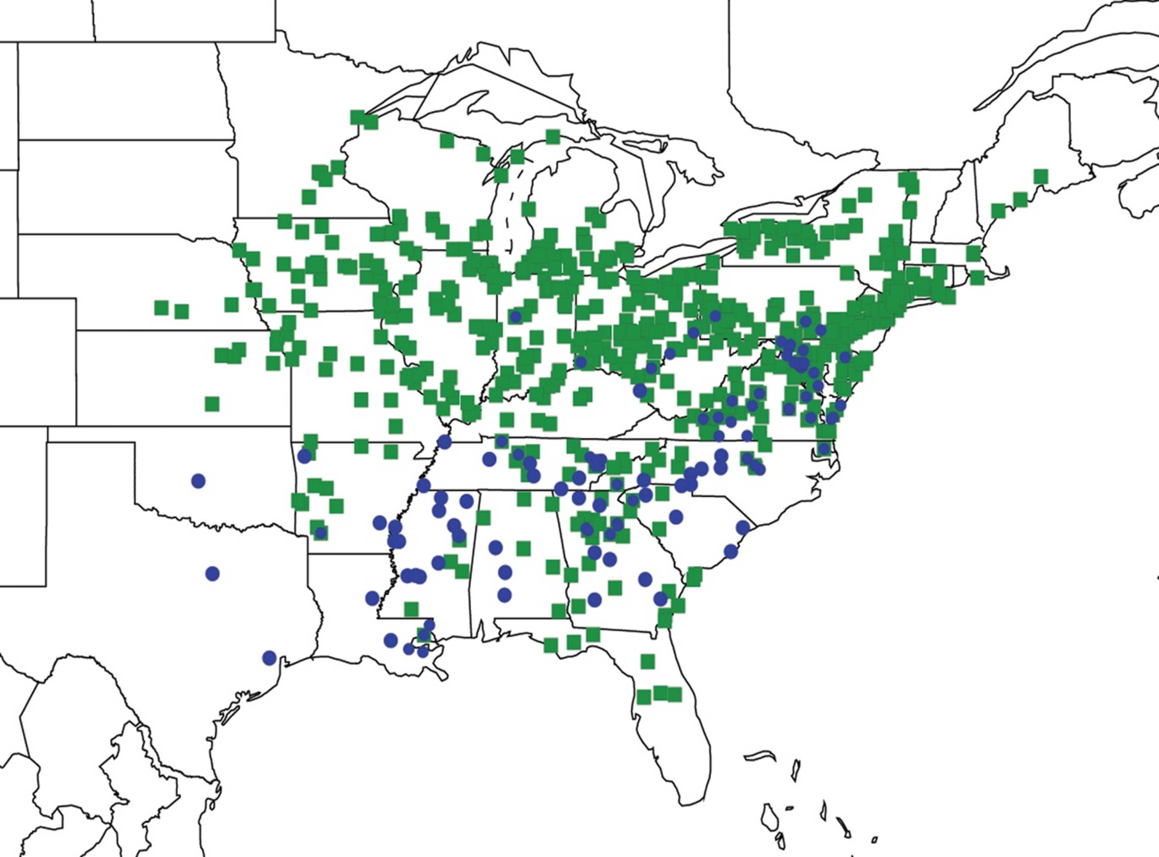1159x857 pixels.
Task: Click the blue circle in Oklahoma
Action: pyautogui.click(x=198, y=481)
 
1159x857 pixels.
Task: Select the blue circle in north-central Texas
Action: pyautogui.click(x=212, y=573)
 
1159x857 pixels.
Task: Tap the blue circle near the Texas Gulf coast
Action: pyautogui.click(x=269, y=658)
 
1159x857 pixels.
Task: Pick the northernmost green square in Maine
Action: pyautogui.click(x=1040, y=176)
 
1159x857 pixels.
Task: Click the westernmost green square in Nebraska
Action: pyautogui.click(x=162, y=307)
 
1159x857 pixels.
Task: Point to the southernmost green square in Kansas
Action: pyautogui.click(x=212, y=403)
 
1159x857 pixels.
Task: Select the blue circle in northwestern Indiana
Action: pyautogui.click(x=515, y=316)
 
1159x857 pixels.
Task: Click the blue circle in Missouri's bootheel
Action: pyautogui.click(x=444, y=441)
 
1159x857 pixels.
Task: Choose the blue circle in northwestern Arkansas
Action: pyautogui.click(x=304, y=456)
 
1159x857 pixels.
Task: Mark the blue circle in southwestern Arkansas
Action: pyautogui.click(x=321, y=533)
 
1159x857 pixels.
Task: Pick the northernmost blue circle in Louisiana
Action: pyautogui.click(x=372, y=598)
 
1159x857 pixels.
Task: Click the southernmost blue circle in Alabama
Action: pyautogui.click(x=504, y=594)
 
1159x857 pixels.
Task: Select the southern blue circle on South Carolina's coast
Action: pyautogui.click(x=731, y=552)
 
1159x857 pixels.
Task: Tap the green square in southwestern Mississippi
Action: pyautogui.click(x=411, y=609)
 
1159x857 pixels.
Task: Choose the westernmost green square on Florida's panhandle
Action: pyautogui.click(x=551, y=645)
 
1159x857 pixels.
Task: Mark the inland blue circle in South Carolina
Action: pyautogui.click(x=676, y=517)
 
